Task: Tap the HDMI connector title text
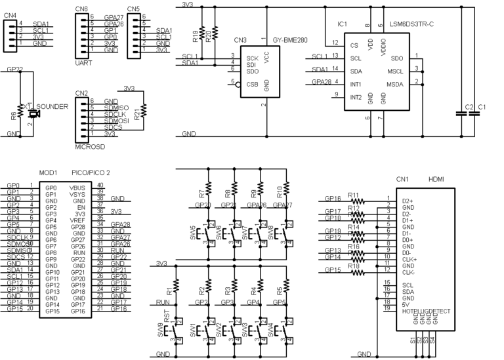[437, 178]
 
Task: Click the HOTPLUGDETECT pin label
[426, 311]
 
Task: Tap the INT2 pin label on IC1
[356, 97]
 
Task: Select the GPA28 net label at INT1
[322, 83]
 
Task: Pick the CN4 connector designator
[10, 14]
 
